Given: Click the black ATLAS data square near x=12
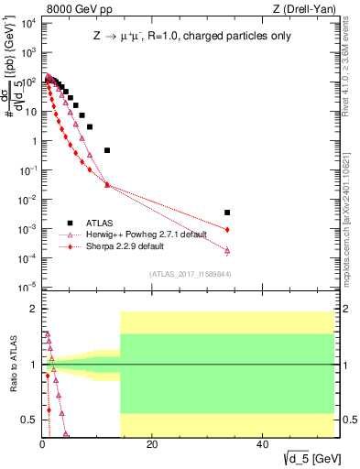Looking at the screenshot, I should [107, 150].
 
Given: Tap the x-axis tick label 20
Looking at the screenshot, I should [153, 444].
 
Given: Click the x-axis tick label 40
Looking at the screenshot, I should [263, 444].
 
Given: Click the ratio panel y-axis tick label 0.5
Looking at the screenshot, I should [29, 420].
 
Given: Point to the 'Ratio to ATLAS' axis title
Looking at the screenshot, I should [12, 365].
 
